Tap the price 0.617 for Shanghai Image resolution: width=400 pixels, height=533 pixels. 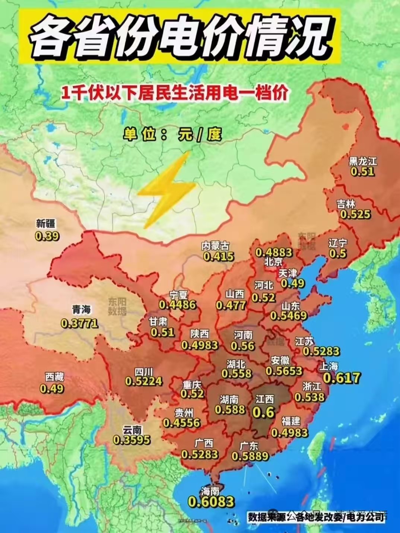point(342,378)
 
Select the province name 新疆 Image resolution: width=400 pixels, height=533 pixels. point(46,223)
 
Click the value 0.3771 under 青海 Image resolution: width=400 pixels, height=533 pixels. point(79,323)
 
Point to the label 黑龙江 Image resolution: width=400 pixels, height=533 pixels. point(362,161)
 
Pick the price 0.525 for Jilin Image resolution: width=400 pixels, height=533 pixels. point(355,214)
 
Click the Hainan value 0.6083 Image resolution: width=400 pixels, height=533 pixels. point(211,502)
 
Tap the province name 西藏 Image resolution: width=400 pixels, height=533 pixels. point(54,377)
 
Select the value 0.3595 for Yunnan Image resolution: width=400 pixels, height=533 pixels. point(132,440)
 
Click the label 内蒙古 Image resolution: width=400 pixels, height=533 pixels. point(215,245)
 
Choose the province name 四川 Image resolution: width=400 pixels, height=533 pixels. point(143,371)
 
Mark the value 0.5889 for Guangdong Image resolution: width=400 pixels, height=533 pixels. point(250,456)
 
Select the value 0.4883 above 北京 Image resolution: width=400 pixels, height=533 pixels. point(273,252)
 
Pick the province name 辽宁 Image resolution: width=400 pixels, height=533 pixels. point(337,243)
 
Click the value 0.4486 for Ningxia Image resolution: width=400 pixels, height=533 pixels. point(177,305)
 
